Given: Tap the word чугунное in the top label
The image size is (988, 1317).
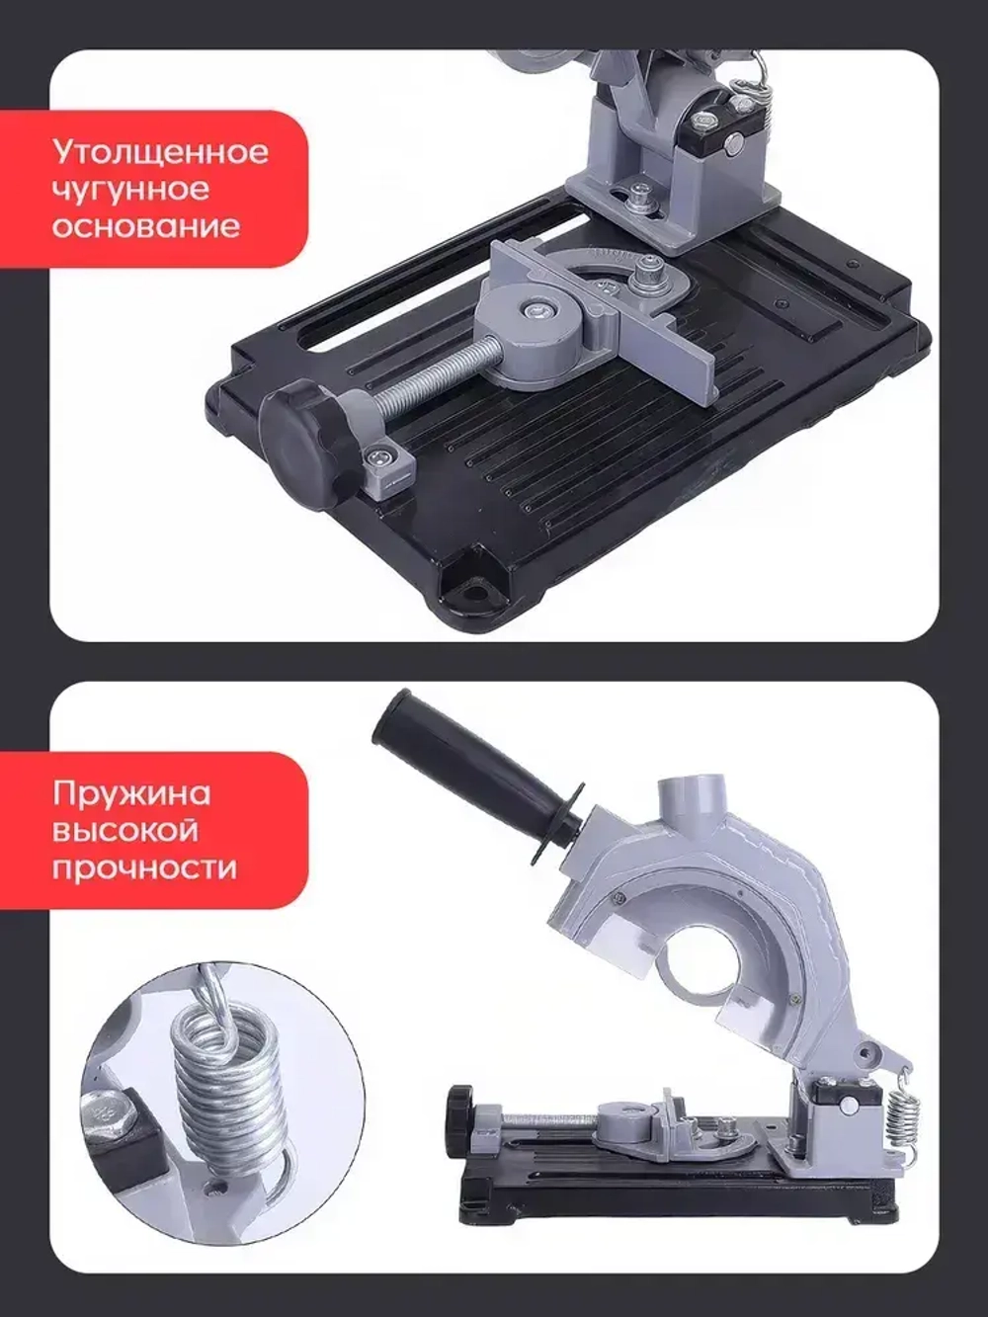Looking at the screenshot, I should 130,190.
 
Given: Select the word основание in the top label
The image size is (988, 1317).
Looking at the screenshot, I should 145,226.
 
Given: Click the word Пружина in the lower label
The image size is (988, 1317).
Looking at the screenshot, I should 131,794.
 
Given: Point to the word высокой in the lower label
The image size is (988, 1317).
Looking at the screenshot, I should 125,831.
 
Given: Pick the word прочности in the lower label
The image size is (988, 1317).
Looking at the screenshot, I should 144,868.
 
